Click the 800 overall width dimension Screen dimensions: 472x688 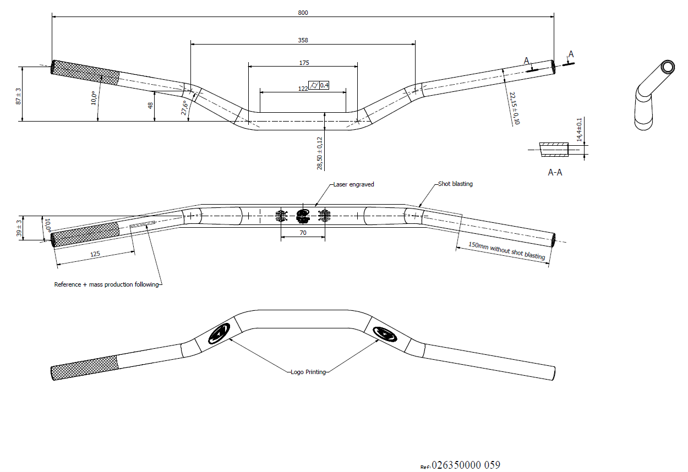pos(303,13)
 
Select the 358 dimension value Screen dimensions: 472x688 pos(303,40)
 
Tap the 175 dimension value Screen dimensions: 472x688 pos(304,63)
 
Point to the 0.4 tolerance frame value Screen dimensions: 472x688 pos(324,85)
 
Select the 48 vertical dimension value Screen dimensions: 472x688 pos(150,105)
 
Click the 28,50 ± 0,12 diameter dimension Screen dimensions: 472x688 pos(319,152)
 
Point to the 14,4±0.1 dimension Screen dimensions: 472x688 pos(578,130)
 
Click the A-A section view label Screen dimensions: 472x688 pos(555,172)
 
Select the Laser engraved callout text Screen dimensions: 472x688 pos(353,185)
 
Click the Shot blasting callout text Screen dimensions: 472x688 pos(455,184)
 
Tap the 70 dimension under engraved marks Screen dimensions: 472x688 pos(303,233)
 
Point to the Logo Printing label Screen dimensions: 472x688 pos(308,372)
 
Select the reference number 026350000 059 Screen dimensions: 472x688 pos(466,465)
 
